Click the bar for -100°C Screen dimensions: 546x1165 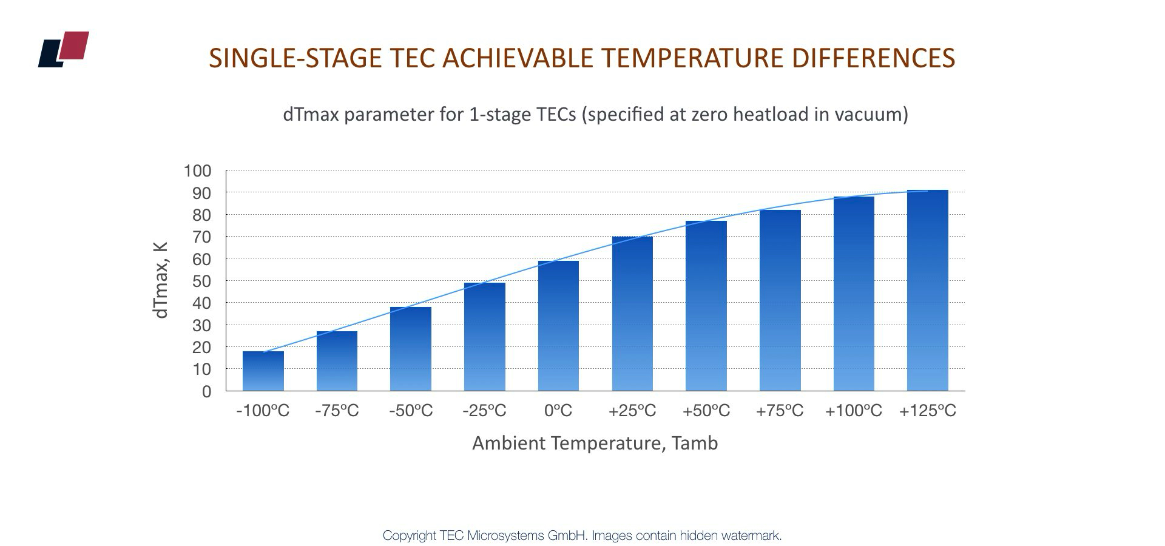point(263,371)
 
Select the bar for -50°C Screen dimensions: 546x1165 point(411,349)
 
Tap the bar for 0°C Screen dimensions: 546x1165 point(558,326)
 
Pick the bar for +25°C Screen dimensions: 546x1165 point(632,314)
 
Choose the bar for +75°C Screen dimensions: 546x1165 point(780,300)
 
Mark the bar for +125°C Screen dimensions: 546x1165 point(927,291)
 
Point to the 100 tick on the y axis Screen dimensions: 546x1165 point(198,171)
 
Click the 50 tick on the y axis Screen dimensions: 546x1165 point(202,281)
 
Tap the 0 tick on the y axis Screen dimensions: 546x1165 point(206,391)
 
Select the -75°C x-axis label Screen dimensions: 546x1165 point(337,411)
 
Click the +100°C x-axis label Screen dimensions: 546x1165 point(853,411)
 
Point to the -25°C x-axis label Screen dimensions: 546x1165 point(484,411)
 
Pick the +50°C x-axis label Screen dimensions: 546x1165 point(706,411)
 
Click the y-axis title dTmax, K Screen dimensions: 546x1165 point(160,280)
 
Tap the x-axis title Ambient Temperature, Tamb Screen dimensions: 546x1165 point(595,443)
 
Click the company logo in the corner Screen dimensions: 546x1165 point(64,49)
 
